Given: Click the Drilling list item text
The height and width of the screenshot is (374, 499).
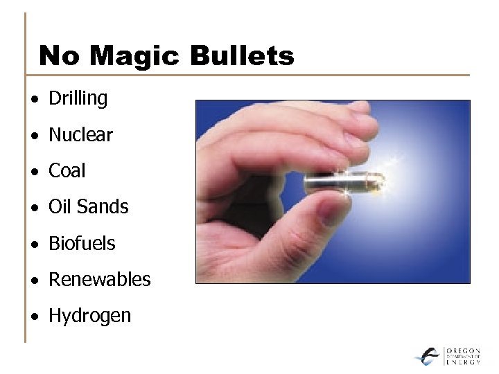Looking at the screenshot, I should (x=78, y=99).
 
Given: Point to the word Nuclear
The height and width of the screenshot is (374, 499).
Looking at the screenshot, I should (x=80, y=135).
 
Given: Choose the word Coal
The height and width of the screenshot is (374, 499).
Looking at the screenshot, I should (x=67, y=171).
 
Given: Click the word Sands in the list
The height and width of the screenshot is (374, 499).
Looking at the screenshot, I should (x=103, y=207).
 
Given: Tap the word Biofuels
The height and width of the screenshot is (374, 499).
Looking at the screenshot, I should (x=82, y=244).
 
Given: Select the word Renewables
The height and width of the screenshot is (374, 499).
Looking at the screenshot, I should (x=99, y=280).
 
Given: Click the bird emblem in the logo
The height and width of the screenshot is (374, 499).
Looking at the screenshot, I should (x=428, y=356).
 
